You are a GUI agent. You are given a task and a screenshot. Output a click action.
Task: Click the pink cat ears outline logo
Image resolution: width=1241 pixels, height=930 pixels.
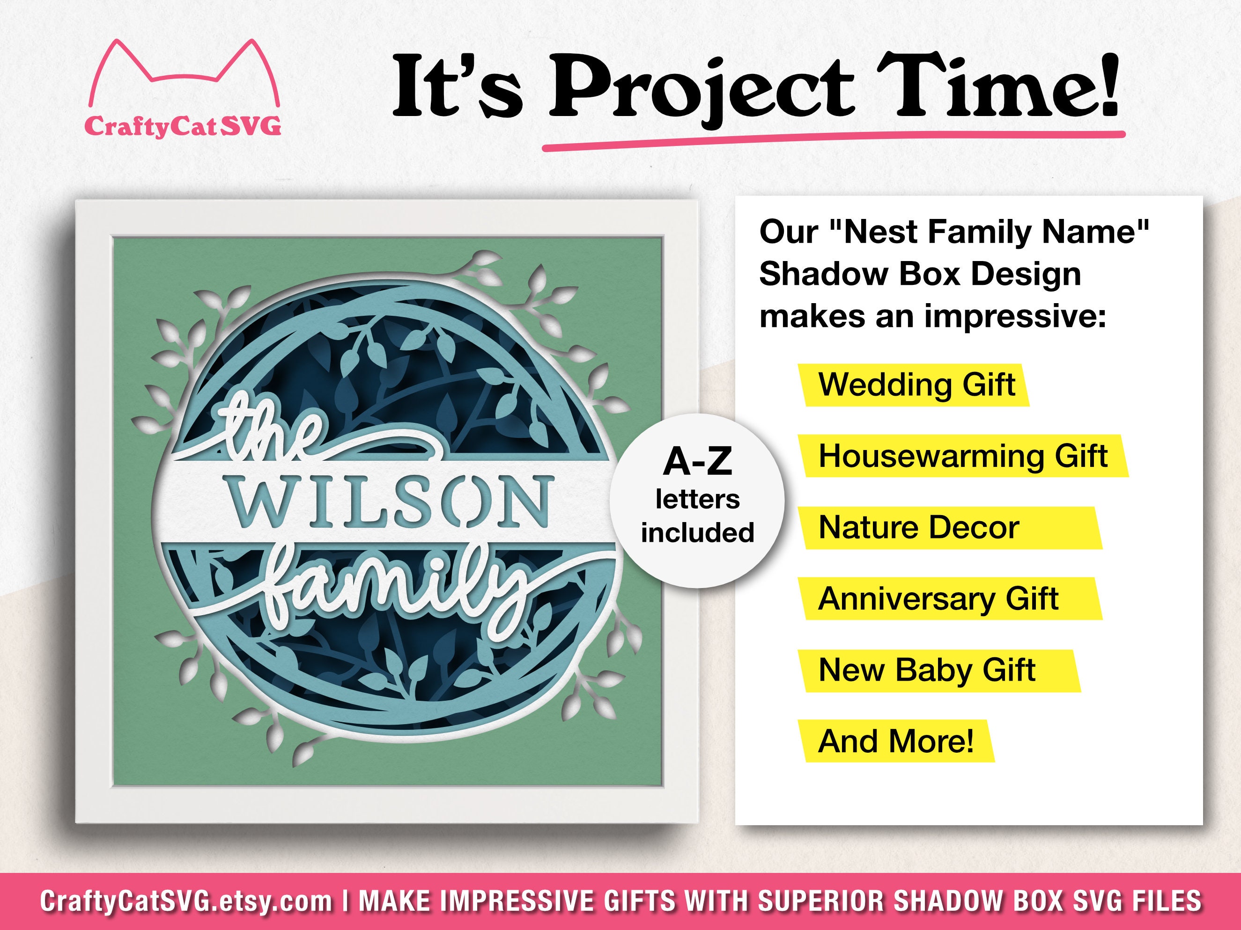184,73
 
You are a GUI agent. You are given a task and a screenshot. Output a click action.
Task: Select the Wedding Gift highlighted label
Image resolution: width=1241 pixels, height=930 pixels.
916,385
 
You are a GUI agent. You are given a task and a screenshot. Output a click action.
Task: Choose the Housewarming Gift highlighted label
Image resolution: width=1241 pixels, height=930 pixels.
963,456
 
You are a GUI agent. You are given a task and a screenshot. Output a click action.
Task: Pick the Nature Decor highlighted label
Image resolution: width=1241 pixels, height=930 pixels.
918,528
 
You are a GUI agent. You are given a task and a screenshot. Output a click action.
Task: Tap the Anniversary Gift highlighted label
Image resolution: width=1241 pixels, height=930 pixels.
938,599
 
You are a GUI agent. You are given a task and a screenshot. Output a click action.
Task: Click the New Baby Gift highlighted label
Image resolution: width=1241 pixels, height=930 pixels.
926,670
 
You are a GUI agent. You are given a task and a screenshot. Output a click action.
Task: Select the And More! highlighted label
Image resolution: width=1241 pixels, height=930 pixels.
896,741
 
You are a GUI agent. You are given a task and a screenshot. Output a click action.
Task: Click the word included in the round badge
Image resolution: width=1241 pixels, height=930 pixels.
697,532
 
